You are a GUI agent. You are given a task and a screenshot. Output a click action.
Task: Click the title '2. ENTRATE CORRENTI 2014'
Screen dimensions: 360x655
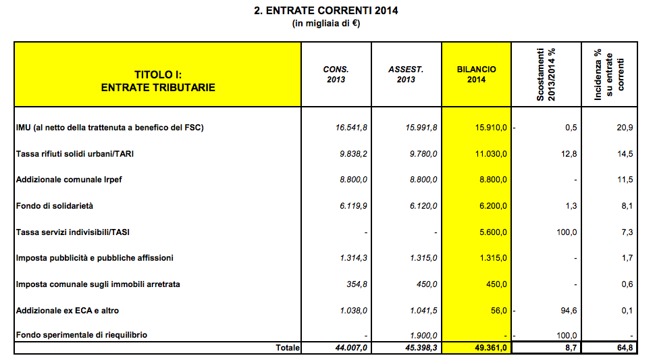(x=325, y=11)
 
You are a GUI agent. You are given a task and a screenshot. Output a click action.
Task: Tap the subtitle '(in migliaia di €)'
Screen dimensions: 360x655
(x=325, y=24)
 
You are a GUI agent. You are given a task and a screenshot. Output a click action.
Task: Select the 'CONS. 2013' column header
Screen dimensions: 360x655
(x=336, y=74)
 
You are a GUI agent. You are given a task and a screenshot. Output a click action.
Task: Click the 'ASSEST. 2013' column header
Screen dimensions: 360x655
(x=406, y=74)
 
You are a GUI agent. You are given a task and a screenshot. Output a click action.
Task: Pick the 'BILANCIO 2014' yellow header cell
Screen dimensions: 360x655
(x=476, y=74)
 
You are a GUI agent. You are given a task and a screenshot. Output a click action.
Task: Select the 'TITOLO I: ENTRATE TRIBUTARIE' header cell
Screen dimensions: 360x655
(x=157, y=81)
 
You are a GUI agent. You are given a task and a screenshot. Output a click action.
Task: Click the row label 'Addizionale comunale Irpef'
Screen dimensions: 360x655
(x=70, y=180)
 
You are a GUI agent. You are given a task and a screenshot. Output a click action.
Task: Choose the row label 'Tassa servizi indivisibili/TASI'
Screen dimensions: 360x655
(x=73, y=232)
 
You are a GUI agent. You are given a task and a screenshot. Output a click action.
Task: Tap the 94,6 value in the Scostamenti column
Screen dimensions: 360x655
(x=568, y=310)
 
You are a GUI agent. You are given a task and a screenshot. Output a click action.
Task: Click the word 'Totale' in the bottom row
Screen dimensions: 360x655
(x=287, y=348)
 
